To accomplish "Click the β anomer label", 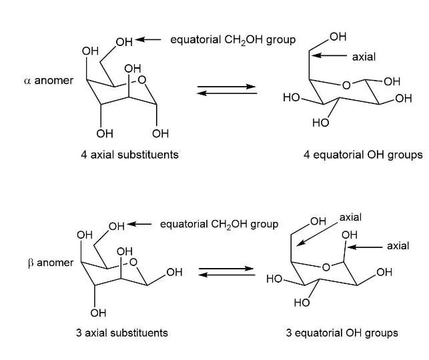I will pyautogui.click(x=50, y=263).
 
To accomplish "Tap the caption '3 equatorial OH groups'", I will pyautogui.click(x=342, y=332).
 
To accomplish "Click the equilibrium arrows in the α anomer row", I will pyautogui.click(x=227, y=89).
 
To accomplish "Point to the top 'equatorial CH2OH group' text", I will pyautogui.click(x=233, y=40).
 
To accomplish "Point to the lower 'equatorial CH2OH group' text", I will pyautogui.click(x=219, y=224).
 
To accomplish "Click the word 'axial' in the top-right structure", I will pyautogui.click(x=364, y=57).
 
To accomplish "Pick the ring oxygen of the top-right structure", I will pyautogui.click(x=346, y=85).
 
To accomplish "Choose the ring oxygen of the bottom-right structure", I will pyautogui.click(x=326, y=268).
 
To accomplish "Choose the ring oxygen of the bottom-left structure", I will pyautogui.click(x=133, y=263).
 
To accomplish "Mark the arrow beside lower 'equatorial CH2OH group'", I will pyautogui.click(x=140, y=224).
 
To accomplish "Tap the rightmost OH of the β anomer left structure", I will pyautogui.click(x=174, y=272).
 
